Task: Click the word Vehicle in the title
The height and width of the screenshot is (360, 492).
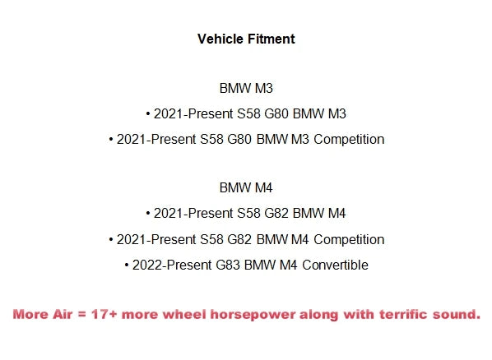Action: (x=218, y=39)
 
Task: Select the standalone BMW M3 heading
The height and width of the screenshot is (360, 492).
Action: (x=246, y=88)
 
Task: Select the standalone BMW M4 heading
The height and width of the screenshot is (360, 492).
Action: (x=246, y=187)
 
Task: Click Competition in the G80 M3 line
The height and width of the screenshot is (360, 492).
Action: (x=350, y=139)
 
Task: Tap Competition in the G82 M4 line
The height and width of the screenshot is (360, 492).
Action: (x=350, y=239)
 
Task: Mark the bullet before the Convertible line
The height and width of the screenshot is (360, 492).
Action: (x=127, y=265)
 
